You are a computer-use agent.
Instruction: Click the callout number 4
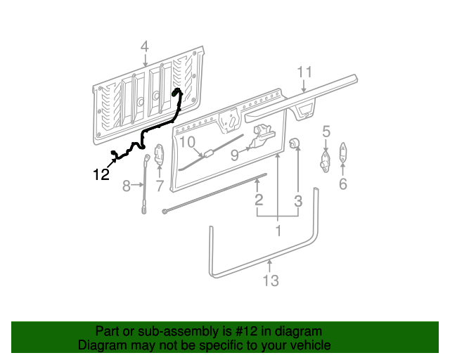144,47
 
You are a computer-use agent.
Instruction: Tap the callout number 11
304,72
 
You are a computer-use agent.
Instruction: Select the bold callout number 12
102,174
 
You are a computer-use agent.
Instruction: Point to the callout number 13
271,281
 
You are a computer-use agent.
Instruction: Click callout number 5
326,130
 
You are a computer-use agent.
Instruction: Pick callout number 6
342,184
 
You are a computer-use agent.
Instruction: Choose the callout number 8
127,186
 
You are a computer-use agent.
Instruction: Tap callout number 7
160,186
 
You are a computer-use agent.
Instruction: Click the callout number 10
186,143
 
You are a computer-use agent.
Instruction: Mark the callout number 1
278,231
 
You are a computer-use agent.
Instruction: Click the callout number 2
259,200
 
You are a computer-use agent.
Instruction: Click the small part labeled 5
326,159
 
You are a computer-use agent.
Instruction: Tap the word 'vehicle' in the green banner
308,345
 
